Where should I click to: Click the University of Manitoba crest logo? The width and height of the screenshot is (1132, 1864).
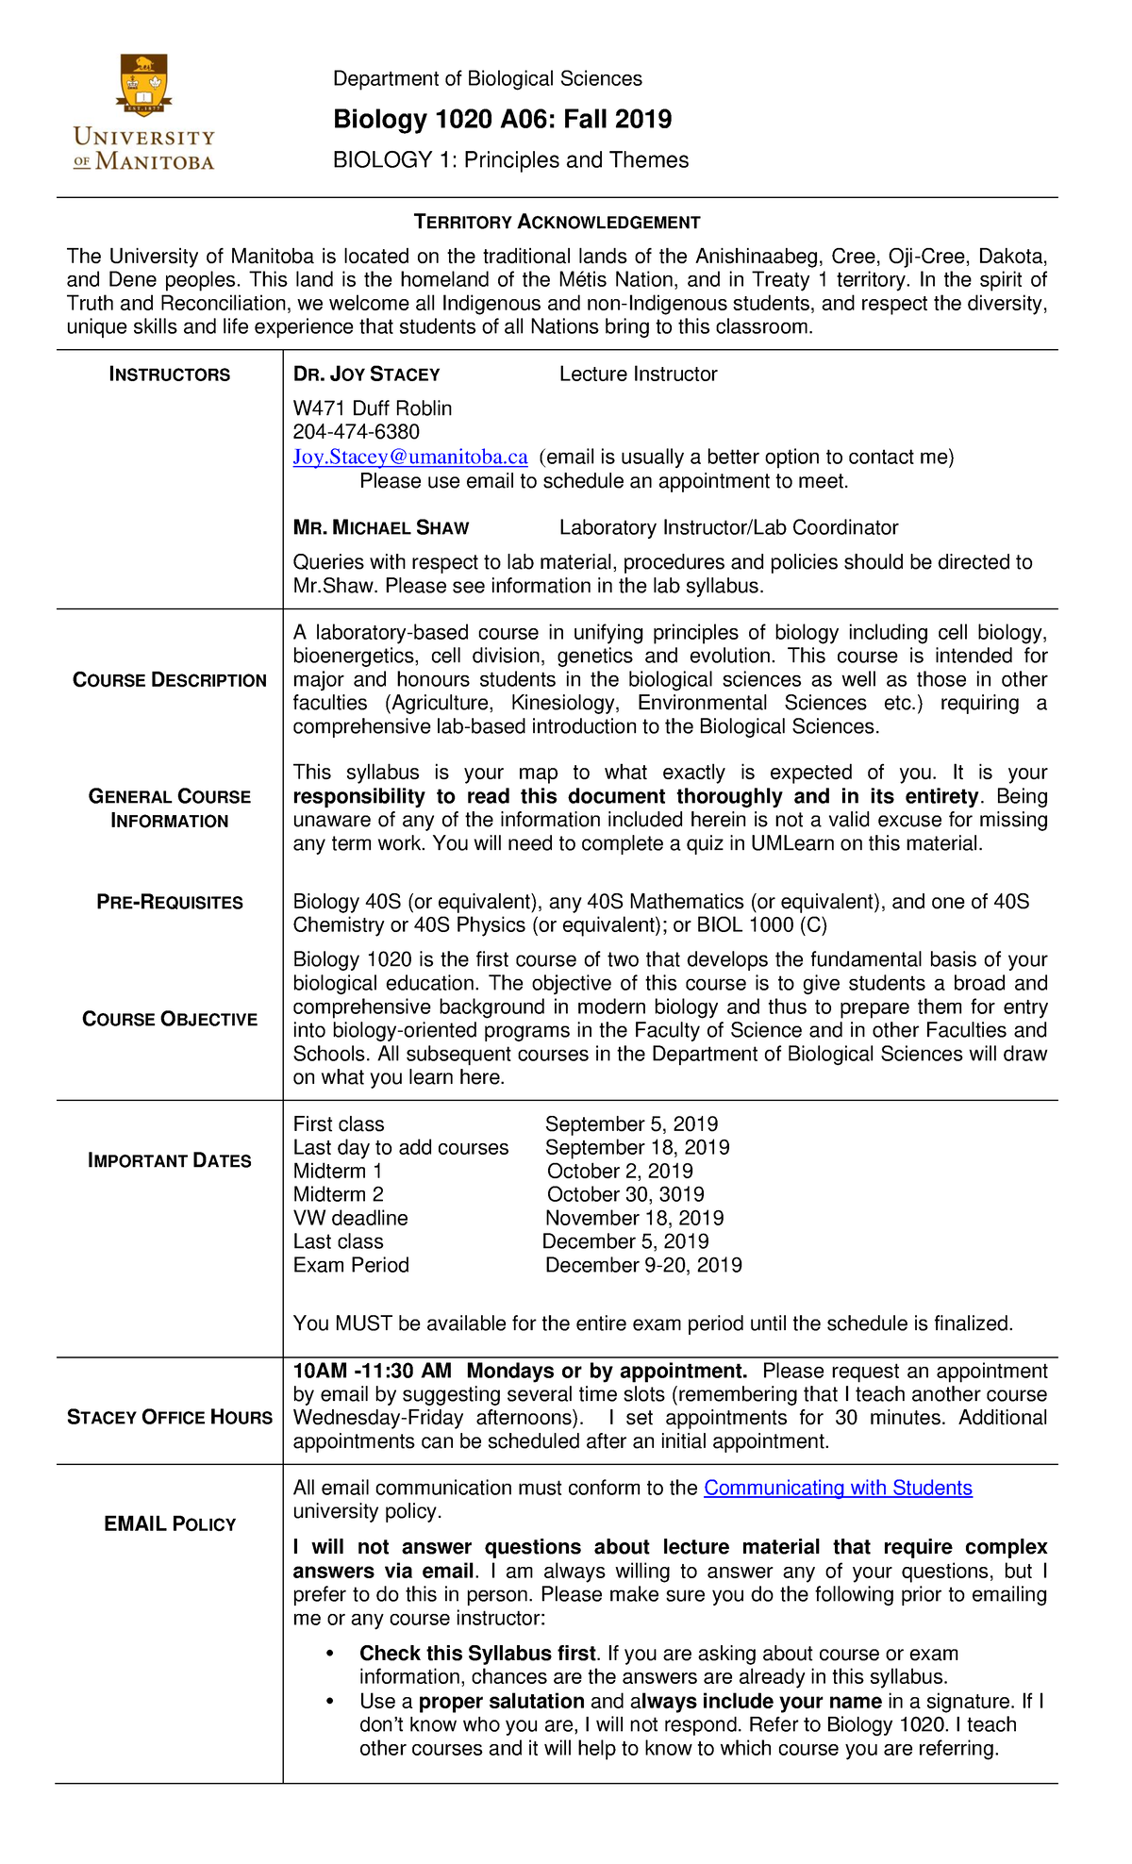point(144,86)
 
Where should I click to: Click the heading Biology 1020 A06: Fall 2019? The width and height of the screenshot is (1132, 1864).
point(502,119)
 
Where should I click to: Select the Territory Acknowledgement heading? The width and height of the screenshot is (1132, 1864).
point(557,223)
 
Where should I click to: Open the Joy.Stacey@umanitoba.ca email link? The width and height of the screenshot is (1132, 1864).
point(409,458)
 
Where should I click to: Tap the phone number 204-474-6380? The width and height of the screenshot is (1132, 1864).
point(356,432)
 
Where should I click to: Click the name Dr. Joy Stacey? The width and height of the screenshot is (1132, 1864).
point(366,374)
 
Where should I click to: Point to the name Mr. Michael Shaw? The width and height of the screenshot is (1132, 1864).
point(380,528)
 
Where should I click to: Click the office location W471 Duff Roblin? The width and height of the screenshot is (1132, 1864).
point(372,408)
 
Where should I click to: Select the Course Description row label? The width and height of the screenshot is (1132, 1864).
point(170,680)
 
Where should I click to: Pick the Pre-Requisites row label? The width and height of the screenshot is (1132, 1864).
point(170,902)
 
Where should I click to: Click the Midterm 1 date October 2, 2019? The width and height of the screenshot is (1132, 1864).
point(619,1172)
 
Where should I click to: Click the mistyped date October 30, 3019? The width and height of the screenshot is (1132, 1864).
point(624,1195)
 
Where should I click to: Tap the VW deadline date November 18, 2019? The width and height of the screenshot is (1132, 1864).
point(634,1219)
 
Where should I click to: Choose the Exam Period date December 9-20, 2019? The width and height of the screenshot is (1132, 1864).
point(643,1266)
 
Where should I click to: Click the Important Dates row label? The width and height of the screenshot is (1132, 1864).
point(170,1160)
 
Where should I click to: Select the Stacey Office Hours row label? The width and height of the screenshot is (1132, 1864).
point(170,1418)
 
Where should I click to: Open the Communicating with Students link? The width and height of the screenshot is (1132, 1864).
point(838,1489)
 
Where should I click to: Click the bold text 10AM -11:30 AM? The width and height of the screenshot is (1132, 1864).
point(372,1371)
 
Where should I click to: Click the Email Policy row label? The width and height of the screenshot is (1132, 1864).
point(170,1524)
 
